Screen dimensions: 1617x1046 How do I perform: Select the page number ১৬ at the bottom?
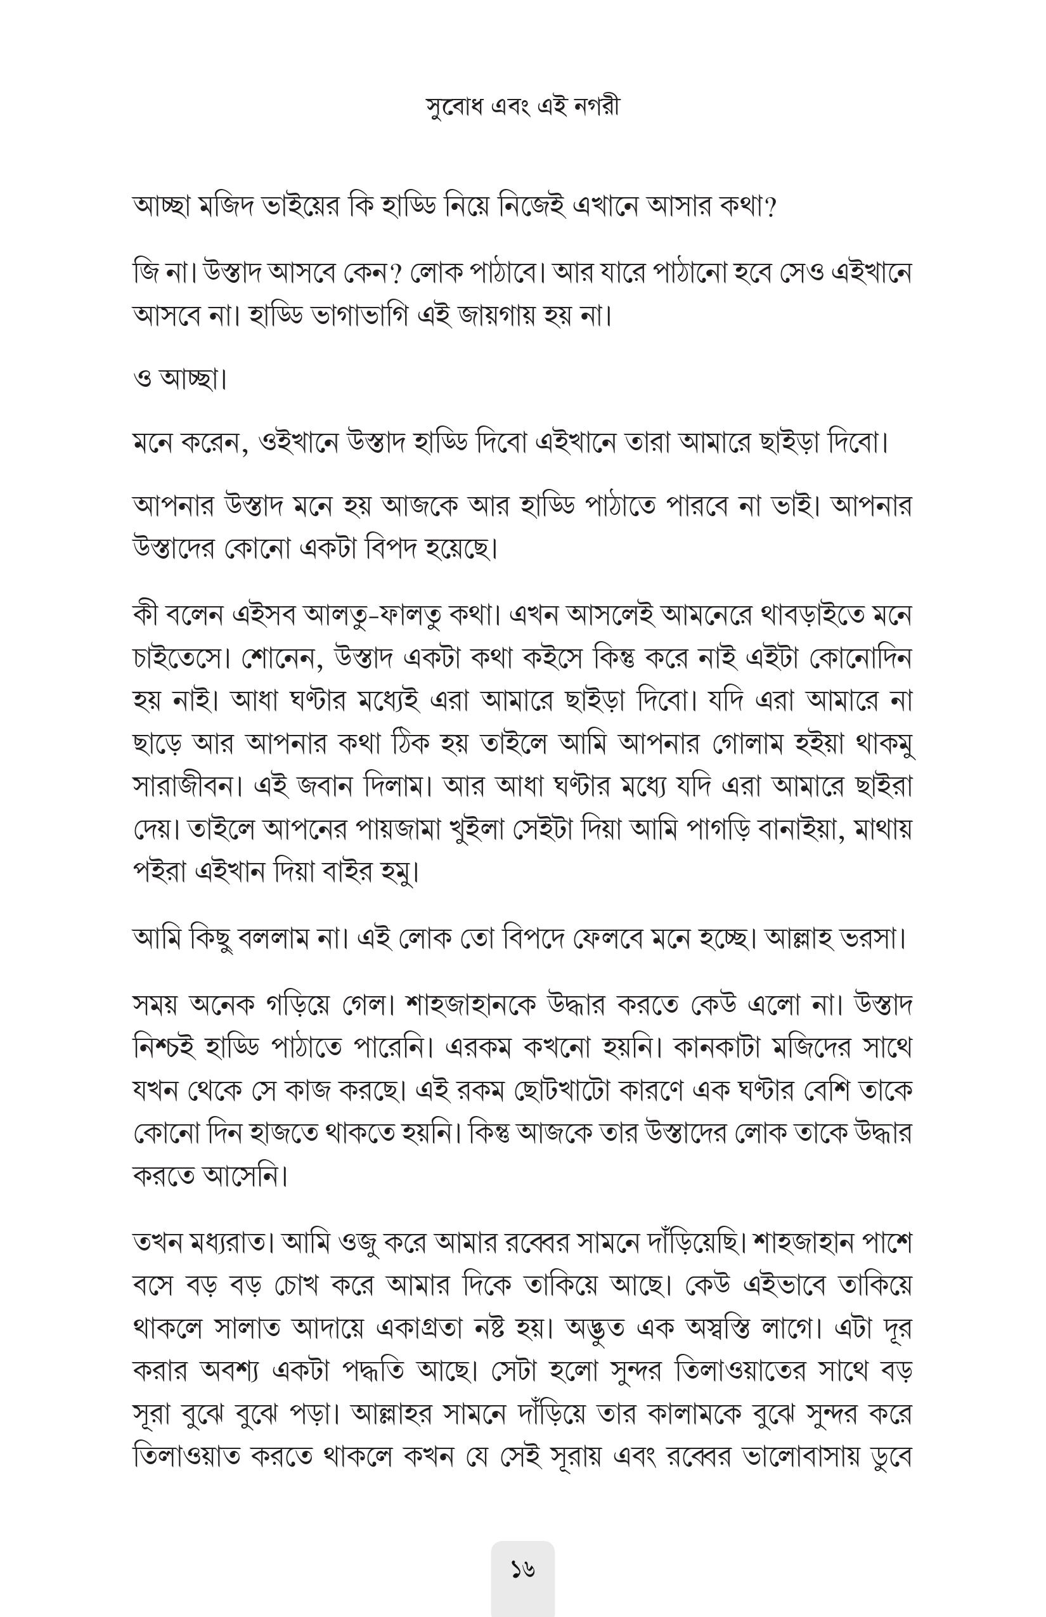pos(522,1569)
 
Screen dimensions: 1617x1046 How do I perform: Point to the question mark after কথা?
pos(770,206)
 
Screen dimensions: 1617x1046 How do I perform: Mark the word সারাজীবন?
pos(188,786)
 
